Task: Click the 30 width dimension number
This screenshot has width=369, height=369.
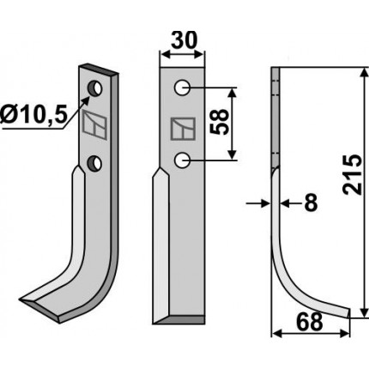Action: [x=184, y=39]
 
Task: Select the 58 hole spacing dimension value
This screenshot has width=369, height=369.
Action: [x=220, y=122]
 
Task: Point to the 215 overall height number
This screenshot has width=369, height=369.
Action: [x=352, y=175]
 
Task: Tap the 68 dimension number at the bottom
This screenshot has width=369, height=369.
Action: [x=310, y=322]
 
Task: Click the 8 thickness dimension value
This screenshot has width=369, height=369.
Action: [x=311, y=203]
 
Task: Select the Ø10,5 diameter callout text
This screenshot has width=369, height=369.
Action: [x=33, y=114]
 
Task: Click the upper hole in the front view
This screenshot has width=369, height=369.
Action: [x=182, y=88]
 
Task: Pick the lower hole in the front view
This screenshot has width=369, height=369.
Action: [x=182, y=160]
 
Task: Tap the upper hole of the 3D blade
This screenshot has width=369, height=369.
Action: [x=94, y=88]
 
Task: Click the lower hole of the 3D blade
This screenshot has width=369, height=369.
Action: [x=94, y=163]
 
